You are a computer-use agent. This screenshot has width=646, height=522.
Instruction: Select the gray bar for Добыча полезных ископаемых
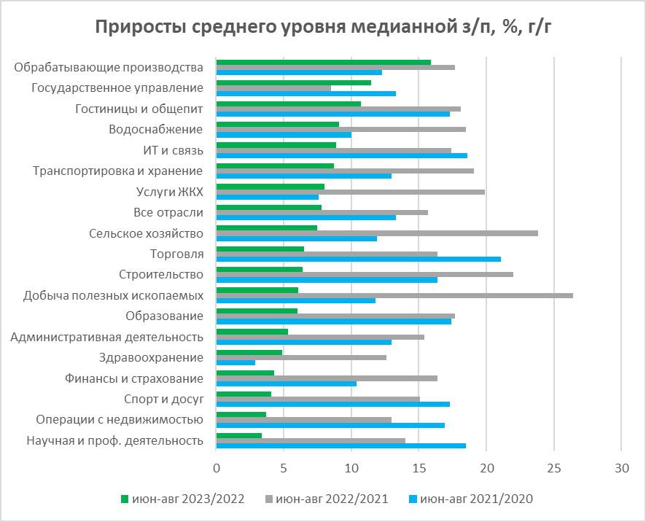click(x=394, y=295)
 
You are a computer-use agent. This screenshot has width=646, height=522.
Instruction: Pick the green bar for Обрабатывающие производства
click(x=324, y=62)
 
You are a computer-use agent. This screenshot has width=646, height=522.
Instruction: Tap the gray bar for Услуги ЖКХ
click(x=351, y=192)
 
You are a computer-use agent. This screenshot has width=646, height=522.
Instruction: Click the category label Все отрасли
click(x=168, y=213)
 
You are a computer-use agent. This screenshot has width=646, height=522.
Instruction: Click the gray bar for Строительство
click(x=365, y=274)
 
